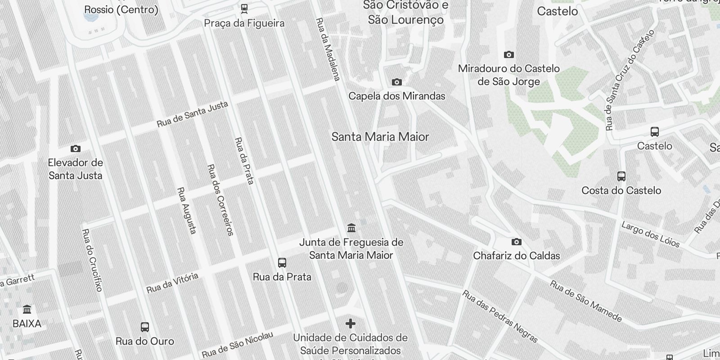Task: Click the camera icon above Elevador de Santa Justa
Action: pyautogui.click(x=76, y=148)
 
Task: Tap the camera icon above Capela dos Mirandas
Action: pyautogui.click(x=396, y=82)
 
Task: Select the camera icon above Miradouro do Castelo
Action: pyautogui.click(x=509, y=55)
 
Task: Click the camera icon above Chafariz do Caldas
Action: pyautogui.click(x=517, y=242)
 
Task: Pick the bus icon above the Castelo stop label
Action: pyautogui.click(x=655, y=132)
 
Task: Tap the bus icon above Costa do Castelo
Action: pyautogui.click(x=621, y=176)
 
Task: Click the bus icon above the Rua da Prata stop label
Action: pyautogui.click(x=282, y=262)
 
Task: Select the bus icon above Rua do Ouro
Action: pyautogui.click(x=145, y=327)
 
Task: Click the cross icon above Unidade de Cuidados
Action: pyautogui.click(x=351, y=324)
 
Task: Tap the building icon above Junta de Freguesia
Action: pyautogui.click(x=351, y=228)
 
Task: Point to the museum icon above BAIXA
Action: pyautogui.click(x=27, y=310)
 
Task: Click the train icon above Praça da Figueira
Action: pyautogui.click(x=244, y=8)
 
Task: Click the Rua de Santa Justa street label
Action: pyautogui.click(x=193, y=114)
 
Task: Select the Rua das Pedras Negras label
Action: pyautogui.click(x=500, y=316)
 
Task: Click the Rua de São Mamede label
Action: pyautogui.click(x=586, y=301)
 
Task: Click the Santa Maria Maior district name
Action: pyautogui.click(x=380, y=137)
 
